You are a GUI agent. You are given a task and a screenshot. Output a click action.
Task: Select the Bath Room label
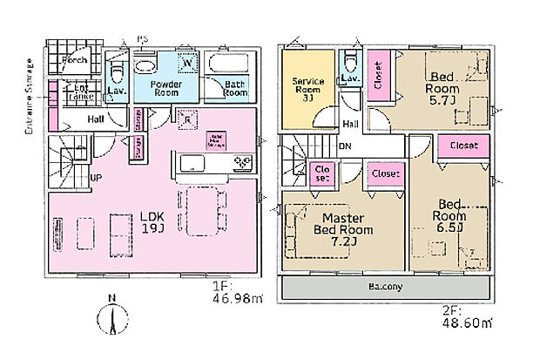(x=235, y=89)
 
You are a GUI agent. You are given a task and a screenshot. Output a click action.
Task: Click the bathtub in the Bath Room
(x=234, y=63)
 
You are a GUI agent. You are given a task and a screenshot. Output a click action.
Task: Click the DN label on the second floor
(x=346, y=146)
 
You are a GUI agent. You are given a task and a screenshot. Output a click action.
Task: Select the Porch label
(x=74, y=60)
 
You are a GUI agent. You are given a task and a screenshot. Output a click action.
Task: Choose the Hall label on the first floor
(x=97, y=119)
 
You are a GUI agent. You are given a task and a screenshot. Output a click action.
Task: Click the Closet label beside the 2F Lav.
(x=379, y=71)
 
